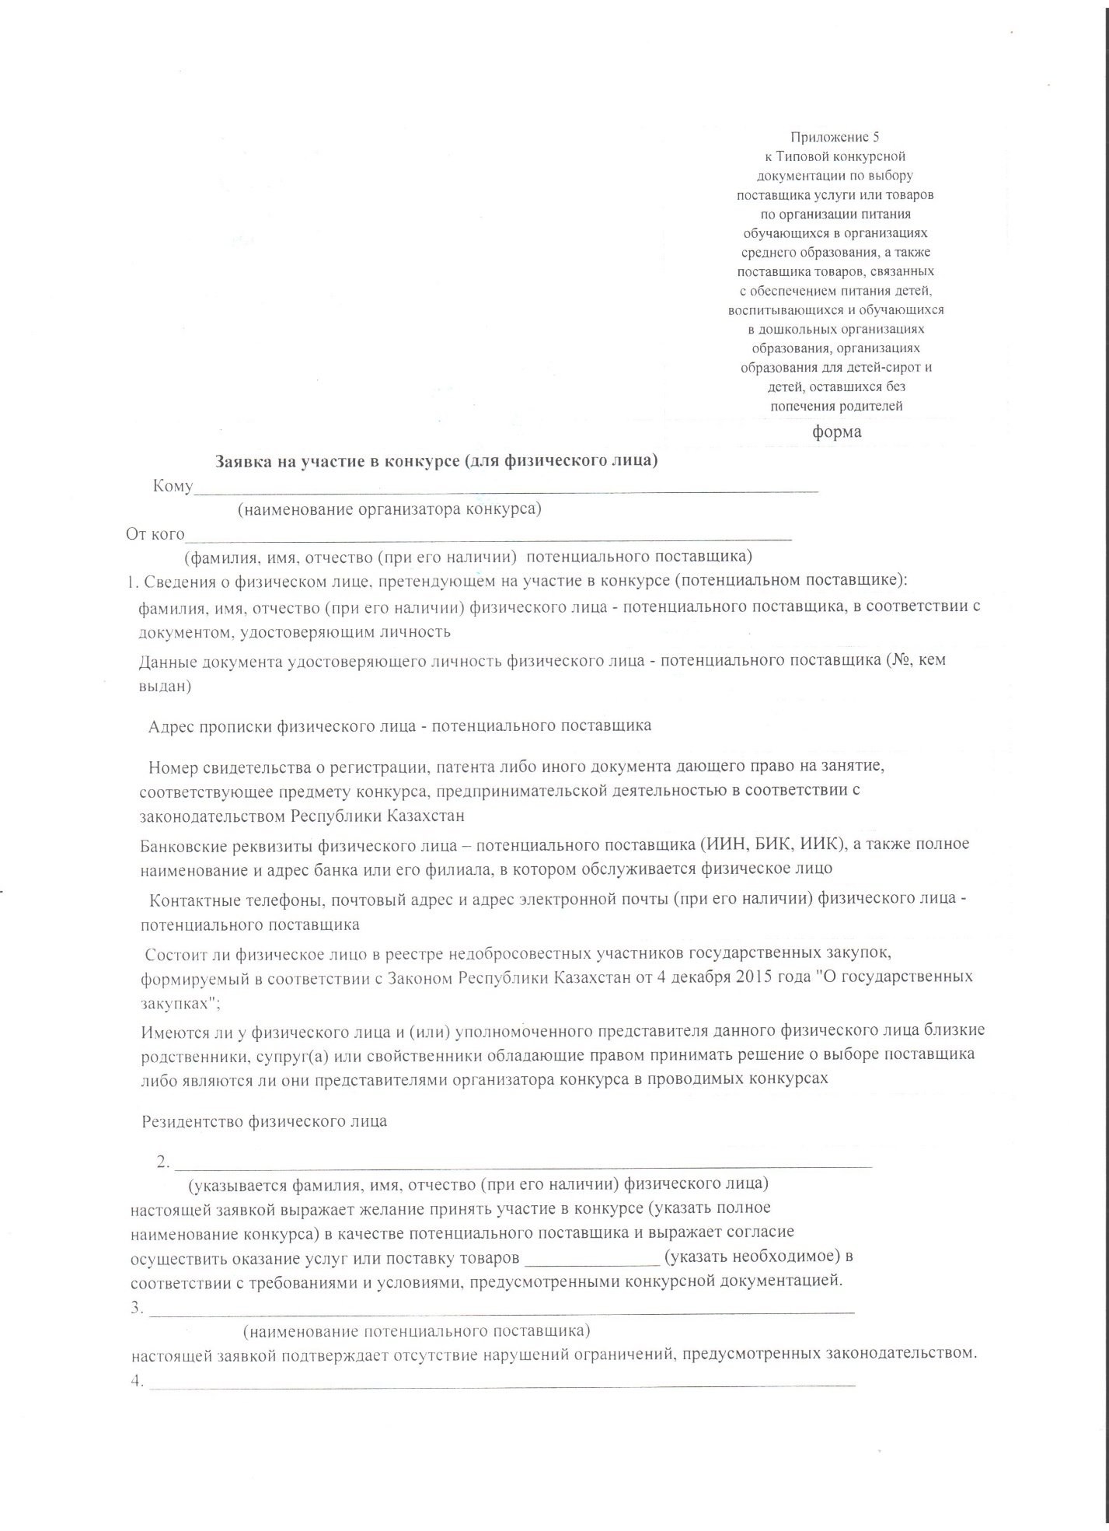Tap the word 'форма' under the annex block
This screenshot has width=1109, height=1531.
(x=836, y=432)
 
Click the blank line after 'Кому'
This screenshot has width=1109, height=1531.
(x=505, y=489)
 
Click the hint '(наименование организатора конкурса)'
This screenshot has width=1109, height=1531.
(x=389, y=509)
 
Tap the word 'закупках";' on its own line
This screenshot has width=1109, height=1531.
(x=180, y=1002)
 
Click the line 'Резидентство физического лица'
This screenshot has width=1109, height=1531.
(x=264, y=1121)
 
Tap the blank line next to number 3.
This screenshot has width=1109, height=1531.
(x=501, y=1310)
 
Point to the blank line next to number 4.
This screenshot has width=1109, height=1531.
(x=501, y=1385)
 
